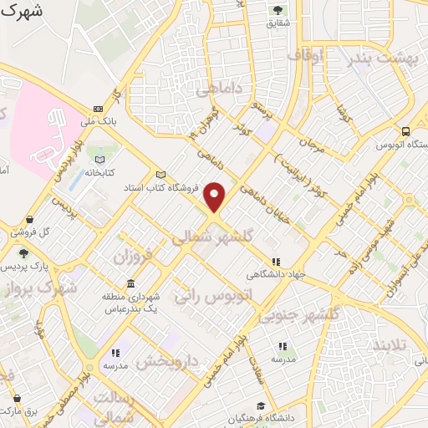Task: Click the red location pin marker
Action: pyautogui.click(x=215, y=196)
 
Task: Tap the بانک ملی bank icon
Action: pyautogui.click(x=99, y=109)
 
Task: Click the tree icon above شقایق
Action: pyautogui.click(x=277, y=10)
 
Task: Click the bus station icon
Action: pyautogui.click(x=405, y=131)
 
